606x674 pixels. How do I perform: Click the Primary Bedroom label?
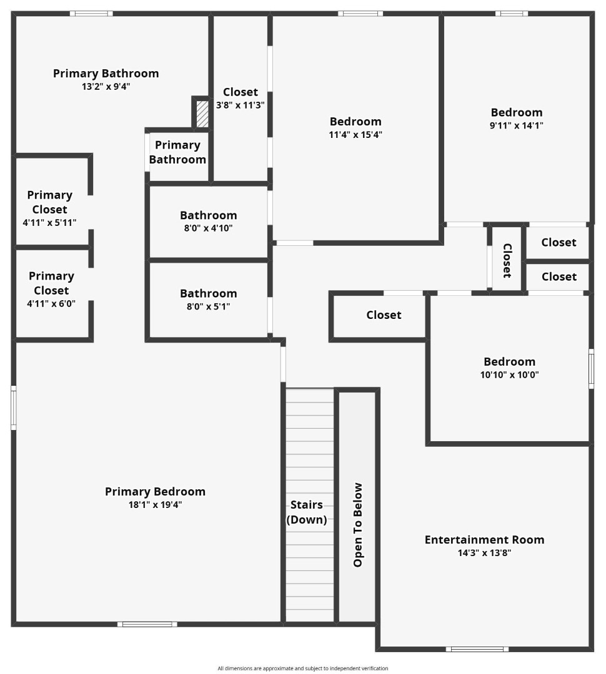155,492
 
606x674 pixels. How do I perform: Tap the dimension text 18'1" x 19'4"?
155,505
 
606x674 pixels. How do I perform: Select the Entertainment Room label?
484,540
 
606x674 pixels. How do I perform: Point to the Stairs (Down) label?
307,512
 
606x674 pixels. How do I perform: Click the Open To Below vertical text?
358,525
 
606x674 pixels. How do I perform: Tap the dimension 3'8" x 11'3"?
241,105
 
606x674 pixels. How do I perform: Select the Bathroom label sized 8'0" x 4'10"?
209,215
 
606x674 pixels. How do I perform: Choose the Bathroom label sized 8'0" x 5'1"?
209,293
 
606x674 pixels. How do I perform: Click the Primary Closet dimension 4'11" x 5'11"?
49,222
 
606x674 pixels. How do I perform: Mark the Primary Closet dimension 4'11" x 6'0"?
51,303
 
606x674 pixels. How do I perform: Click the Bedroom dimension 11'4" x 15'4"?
355,134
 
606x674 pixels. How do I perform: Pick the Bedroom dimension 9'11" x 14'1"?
517,125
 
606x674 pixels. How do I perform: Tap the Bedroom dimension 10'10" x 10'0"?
509,375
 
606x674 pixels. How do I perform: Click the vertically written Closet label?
507,260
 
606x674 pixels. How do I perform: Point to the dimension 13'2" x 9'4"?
106,87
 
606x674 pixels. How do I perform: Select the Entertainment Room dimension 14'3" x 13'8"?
484,552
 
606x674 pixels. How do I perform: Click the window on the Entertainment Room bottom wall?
477,649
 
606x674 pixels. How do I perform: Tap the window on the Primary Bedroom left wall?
13,408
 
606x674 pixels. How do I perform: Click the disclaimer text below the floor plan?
303,668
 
